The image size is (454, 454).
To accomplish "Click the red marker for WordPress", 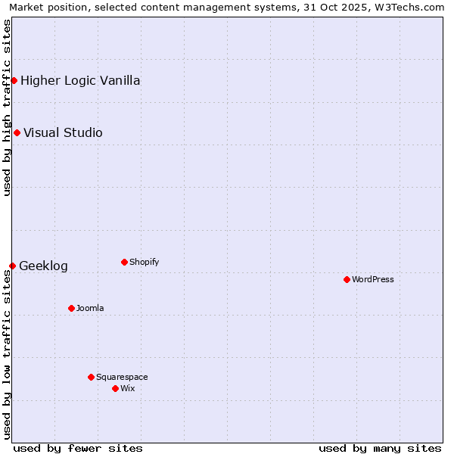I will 347,279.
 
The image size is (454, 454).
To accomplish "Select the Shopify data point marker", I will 124,262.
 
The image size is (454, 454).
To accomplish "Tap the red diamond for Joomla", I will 71,308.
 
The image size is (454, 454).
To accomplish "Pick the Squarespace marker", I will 91,377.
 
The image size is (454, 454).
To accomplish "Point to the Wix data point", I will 115,388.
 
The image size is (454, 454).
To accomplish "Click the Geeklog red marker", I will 12,266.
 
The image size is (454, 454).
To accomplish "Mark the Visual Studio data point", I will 17,132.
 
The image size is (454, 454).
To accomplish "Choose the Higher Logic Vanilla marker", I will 14,80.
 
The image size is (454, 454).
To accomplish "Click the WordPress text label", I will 373,279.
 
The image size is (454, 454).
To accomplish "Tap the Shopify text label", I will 144,262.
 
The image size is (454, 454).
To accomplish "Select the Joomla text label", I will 90,308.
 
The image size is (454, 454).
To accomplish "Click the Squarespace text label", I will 122,377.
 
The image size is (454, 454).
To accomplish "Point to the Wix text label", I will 127,388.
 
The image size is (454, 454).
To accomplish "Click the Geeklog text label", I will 43,266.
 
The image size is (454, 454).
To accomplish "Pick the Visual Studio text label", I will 63,132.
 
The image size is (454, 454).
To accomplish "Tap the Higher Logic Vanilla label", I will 80,80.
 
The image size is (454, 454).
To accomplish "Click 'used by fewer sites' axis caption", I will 78,448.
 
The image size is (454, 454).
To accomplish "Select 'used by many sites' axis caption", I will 380,448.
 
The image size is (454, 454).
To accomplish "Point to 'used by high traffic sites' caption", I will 7,107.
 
